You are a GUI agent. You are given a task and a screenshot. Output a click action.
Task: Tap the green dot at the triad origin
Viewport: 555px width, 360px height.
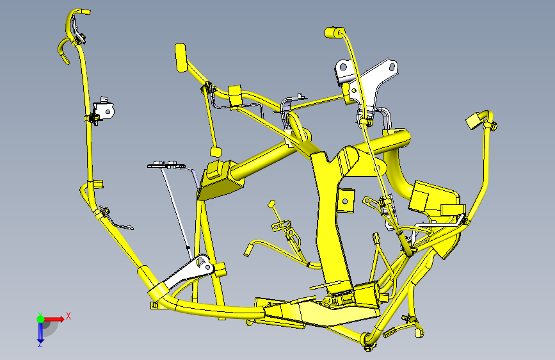pos(40,318)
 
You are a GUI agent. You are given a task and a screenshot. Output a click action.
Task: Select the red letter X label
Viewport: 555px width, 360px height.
pos(68,316)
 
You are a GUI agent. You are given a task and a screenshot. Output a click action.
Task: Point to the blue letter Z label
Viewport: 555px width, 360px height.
pos(40,344)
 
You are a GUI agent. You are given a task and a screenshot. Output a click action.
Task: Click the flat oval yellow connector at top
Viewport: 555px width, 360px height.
pos(180,56)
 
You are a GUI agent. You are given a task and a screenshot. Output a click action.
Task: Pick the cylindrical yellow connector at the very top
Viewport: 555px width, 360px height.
pos(333,32)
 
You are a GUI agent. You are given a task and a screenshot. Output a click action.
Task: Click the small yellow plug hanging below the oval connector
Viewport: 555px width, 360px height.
pos(216,151)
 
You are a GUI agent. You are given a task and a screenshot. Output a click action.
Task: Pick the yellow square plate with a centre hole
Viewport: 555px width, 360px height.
pos(346,200)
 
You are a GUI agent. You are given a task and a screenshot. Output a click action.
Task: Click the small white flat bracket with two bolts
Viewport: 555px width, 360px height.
pos(165,165)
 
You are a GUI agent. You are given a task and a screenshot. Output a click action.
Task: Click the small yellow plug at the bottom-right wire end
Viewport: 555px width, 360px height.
pos(420,332)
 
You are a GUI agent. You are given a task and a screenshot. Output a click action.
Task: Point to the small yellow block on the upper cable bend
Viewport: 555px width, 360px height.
pos(234,94)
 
